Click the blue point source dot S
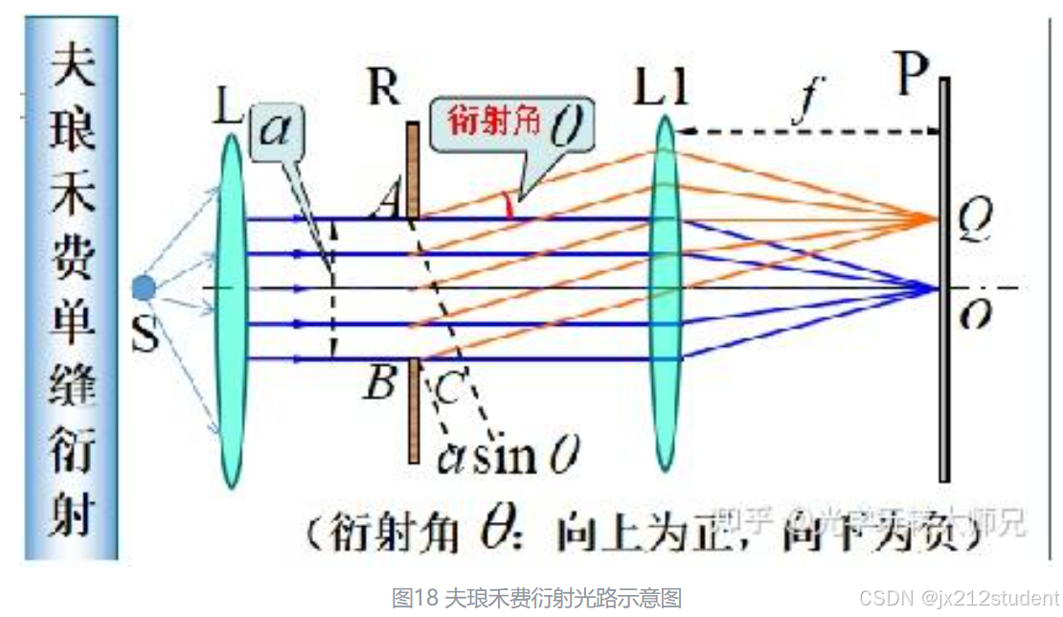[x=144, y=286]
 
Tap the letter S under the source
[x=145, y=336]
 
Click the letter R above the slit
[x=383, y=87]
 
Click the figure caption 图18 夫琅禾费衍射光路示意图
[x=536, y=598]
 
